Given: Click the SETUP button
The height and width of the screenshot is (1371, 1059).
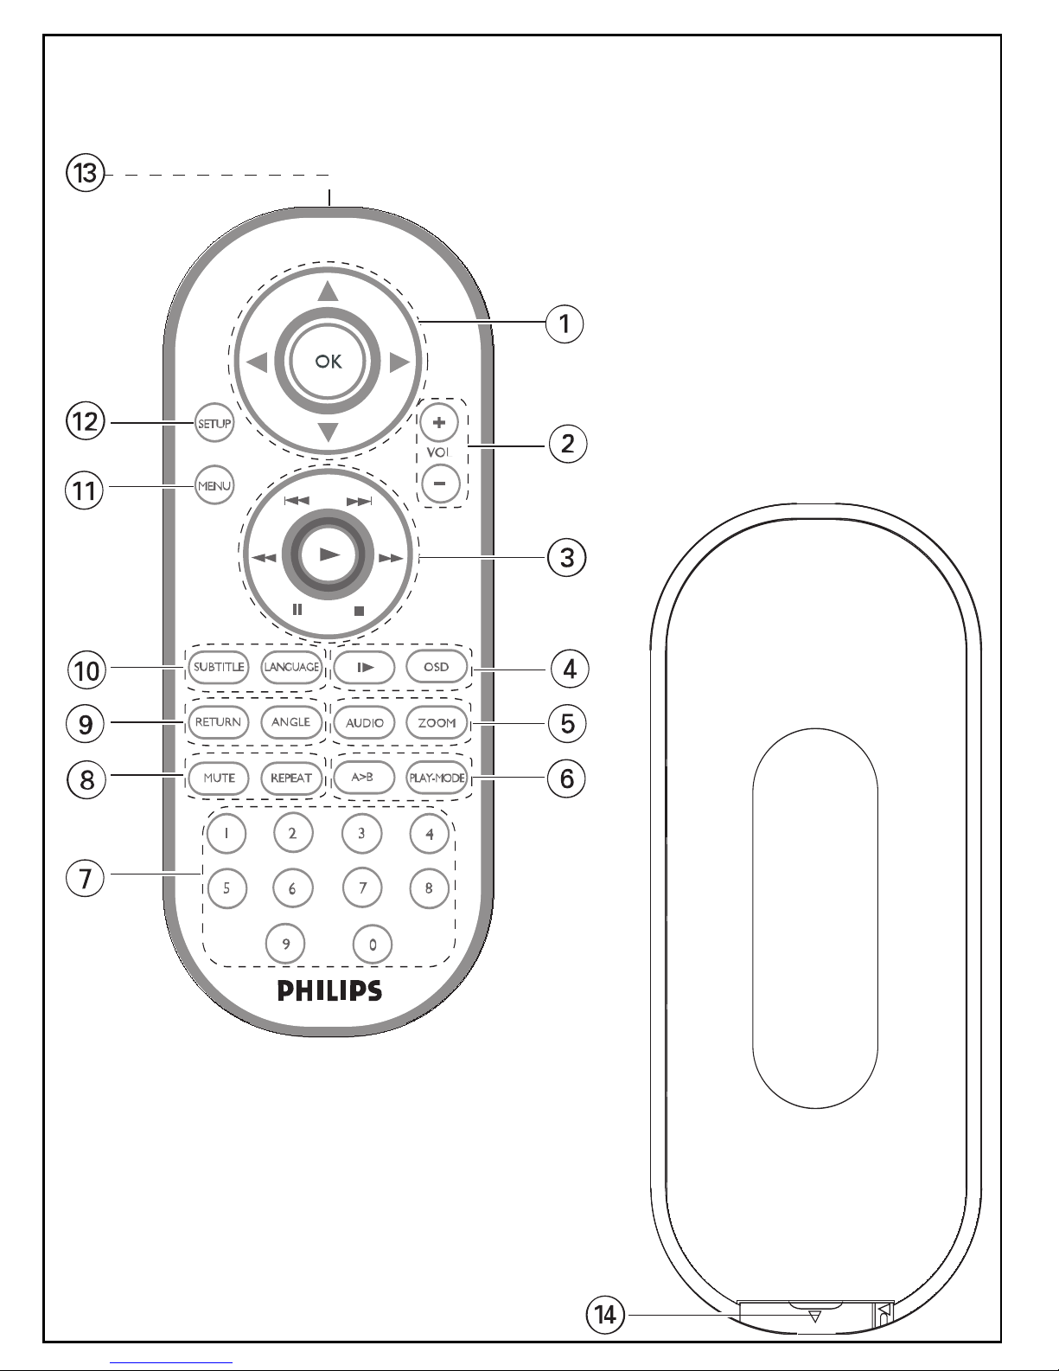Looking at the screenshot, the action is click(214, 423).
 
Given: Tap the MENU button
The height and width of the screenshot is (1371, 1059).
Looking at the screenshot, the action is click(214, 485).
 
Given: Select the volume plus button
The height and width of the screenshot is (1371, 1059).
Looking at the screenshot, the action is click(439, 422).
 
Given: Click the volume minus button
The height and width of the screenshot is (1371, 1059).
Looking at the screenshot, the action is click(441, 484).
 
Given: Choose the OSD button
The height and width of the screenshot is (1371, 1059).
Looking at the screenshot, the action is click(437, 667).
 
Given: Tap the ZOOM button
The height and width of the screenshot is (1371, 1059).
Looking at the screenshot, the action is click(437, 722).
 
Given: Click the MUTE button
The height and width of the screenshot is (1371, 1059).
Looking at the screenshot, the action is click(219, 778).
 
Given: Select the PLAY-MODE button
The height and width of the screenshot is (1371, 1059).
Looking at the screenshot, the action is click(437, 778).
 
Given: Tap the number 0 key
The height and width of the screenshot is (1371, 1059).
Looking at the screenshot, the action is click(373, 945).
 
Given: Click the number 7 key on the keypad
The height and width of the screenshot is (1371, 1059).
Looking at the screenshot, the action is click(362, 887).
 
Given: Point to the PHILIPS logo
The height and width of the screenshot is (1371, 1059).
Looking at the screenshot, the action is click(329, 990).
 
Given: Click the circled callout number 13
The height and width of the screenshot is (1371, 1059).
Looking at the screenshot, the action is click(85, 173).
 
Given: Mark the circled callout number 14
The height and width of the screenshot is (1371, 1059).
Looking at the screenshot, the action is click(605, 1315).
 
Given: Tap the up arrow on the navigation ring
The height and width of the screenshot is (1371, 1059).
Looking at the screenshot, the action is click(328, 291).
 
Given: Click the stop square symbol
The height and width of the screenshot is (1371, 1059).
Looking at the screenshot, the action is click(360, 611).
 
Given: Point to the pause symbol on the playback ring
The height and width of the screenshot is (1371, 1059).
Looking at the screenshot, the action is click(297, 610).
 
